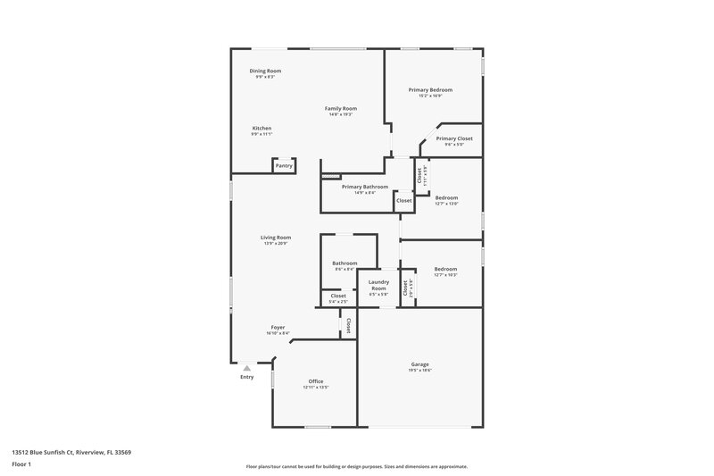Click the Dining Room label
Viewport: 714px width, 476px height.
[265, 71]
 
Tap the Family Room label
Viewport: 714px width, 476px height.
[340, 108]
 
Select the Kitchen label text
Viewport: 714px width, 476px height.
[262, 128]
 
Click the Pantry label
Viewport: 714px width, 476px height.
[284, 165]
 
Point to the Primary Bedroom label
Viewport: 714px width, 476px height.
[430, 90]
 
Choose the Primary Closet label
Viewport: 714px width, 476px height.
[454, 138]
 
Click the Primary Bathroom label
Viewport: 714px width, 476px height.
[365, 187]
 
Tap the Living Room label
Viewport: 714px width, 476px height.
[276, 238]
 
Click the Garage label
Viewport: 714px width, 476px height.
[420, 364]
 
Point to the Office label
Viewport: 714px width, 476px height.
[316, 381]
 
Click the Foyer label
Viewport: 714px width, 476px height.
[278, 328]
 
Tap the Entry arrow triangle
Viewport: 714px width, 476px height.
[247, 366]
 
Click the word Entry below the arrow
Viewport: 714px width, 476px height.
[247, 377]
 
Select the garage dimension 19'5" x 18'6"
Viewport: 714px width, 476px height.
[420, 371]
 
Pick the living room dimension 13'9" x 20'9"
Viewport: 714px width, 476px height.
[276, 244]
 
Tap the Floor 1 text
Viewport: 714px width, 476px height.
[21, 465]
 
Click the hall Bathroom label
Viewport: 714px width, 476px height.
[345, 263]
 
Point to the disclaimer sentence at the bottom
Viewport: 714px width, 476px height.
[357, 466]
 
